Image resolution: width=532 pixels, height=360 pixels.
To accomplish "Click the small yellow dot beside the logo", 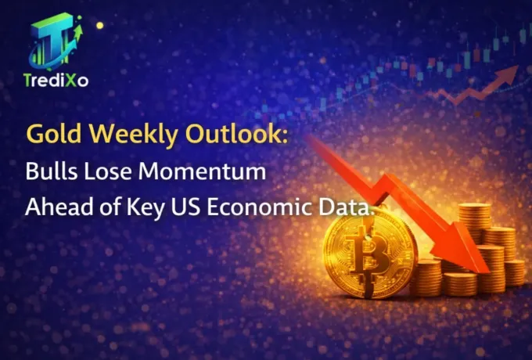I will [x=99, y=25].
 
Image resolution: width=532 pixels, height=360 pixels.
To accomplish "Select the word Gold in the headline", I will [x=49, y=134].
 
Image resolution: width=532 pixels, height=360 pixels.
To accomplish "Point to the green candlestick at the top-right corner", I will [x=523, y=34].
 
